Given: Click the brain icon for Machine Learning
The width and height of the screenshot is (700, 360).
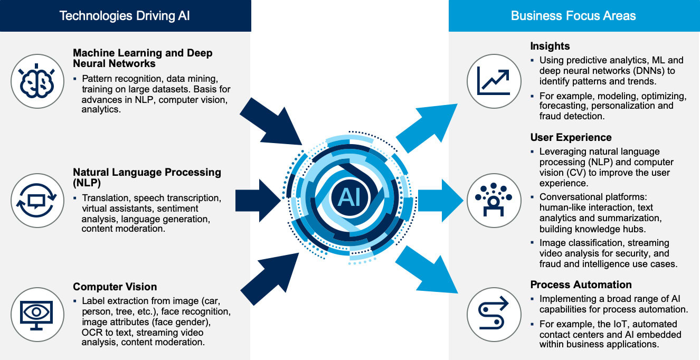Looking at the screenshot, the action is (x=37, y=81).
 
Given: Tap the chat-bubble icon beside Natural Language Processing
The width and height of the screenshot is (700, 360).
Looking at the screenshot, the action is (x=37, y=200).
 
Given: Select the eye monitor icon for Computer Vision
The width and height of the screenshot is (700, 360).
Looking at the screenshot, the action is (x=36, y=315).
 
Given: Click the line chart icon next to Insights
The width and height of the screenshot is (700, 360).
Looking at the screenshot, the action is (x=494, y=82).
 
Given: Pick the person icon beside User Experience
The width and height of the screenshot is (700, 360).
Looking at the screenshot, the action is (x=494, y=200).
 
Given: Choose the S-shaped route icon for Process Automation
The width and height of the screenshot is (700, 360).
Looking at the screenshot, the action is (x=493, y=312).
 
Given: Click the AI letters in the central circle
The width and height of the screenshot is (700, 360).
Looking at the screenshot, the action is (x=349, y=197).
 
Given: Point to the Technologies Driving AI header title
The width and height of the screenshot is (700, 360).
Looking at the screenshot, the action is (x=125, y=16).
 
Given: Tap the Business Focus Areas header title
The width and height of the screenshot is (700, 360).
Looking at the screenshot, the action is (x=573, y=16).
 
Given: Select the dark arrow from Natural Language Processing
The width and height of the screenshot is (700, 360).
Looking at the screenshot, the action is (x=258, y=201).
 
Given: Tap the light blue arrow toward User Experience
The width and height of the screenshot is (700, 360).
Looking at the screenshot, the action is (x=441, y=201).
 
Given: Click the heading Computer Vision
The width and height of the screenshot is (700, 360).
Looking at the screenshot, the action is (x=115, y=287).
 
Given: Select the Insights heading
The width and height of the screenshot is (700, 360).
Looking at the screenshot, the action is (x=550, y=46).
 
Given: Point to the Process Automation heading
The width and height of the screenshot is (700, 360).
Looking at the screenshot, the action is (x=581, y=285).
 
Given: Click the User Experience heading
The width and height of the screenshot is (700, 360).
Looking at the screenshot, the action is (x=571, y=137).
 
